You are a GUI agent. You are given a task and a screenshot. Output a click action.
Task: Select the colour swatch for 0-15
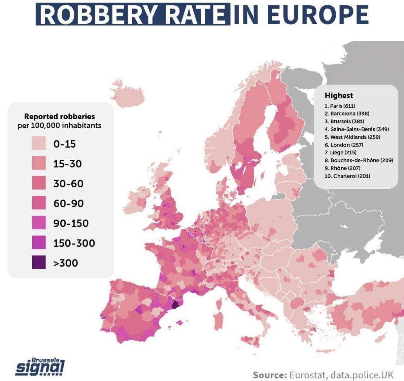click(39, 144)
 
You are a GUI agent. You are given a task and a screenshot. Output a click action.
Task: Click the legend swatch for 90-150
click(39, 223)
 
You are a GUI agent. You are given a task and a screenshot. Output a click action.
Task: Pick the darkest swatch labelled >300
click(39, 263)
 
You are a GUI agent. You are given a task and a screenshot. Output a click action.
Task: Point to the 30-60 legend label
click(68, 184)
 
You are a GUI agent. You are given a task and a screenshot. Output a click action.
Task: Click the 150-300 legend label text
click(74, 243)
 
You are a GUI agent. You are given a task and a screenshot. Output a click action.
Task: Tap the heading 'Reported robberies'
click(60, 117)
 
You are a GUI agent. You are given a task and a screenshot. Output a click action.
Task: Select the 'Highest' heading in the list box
click(339, 96)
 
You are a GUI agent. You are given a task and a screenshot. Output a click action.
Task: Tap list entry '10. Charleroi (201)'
click(347, 176)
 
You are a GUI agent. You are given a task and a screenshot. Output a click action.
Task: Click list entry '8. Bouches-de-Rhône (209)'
click(359, 160)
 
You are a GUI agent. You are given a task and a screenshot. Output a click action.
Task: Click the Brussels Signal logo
click(40, 367)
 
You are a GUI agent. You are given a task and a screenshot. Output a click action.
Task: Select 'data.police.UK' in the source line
click(362, 375)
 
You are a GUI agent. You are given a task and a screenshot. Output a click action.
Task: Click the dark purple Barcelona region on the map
click(175, 305)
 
